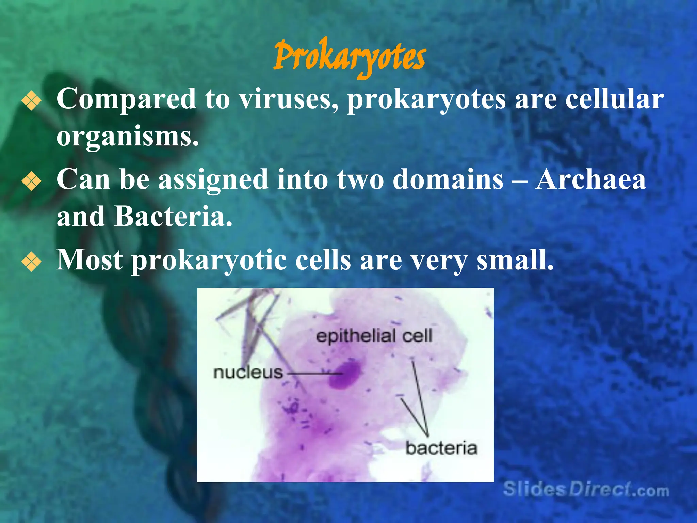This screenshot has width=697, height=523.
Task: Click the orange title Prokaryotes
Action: click(349, 57)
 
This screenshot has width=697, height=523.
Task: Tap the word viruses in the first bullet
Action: click(288, 99)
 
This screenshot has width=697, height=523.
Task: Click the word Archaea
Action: click(590, 179)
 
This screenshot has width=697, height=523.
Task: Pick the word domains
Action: click(448, 179)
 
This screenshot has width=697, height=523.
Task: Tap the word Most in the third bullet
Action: click(90, 260)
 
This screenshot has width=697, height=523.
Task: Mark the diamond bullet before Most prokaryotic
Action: click(31, 262)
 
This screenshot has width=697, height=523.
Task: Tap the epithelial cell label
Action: click(374, 336)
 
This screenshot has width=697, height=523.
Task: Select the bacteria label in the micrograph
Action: click(441, 448)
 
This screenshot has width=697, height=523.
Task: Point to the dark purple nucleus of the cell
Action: click(344, 375)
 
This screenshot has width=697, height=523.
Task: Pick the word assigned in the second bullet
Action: click(213, 180)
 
